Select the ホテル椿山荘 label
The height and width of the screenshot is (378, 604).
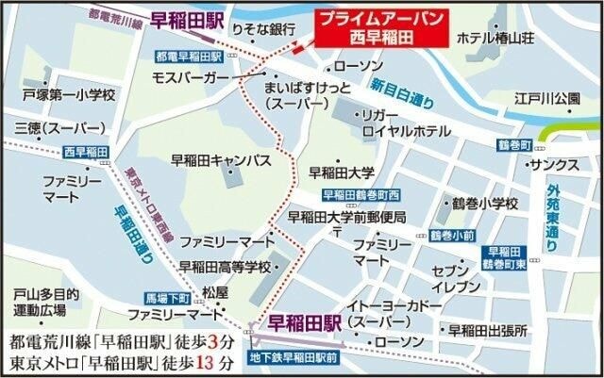[497, 39]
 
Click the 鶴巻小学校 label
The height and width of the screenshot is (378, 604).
[485, 204]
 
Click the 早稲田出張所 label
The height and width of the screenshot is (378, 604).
[488, 329]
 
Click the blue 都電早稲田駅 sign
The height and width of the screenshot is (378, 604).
[185, 56]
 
